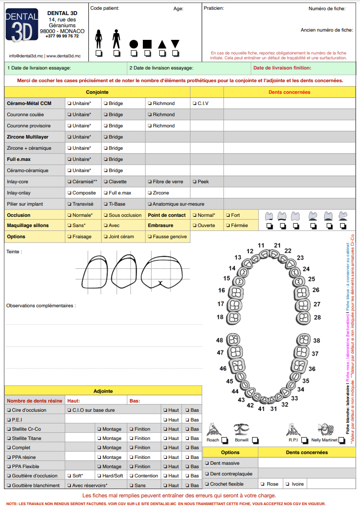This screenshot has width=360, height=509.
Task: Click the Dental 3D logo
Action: click(x=22, y=25)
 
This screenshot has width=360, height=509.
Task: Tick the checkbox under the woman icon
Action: click(x=99, y=53)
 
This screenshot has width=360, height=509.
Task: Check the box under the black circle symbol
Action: click(x=134, y=53)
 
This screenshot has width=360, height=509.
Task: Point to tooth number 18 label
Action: click(x=220, y=317)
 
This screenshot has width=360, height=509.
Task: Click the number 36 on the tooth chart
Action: click(x=312, y=369)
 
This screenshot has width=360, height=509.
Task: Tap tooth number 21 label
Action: click(x=277, y=246)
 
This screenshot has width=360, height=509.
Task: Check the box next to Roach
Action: click(x=224, y=440)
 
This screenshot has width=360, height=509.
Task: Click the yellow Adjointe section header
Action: click(x=103, y=391)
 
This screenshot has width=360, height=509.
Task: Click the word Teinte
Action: click(x=14, y=252)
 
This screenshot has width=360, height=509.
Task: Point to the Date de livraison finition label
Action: click(x=282, y=68)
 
